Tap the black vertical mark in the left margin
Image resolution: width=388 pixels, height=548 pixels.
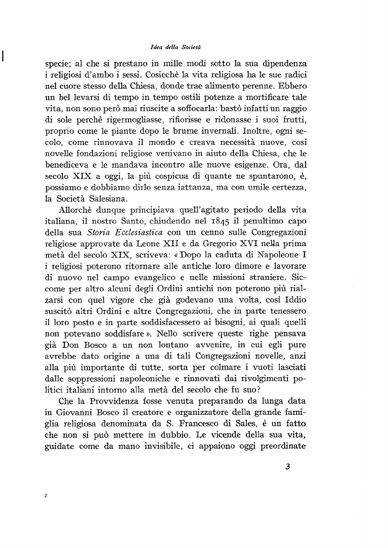[3, 55]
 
